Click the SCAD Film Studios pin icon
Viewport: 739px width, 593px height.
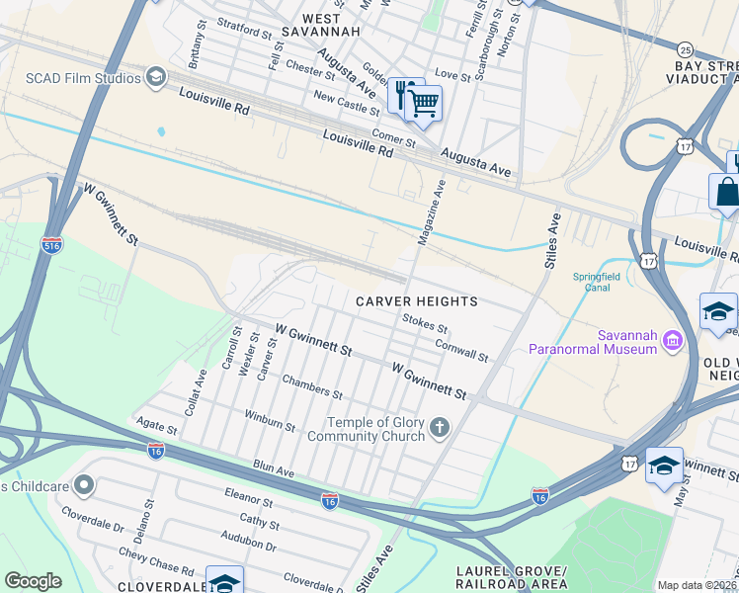coord(155,77)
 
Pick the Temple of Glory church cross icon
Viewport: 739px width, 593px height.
coord(440,429)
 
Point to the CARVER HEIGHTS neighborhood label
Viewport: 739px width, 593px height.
coord(417,301)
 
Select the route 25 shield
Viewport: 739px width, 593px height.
coord(685,49)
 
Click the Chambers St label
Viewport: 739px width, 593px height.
coord(312,387)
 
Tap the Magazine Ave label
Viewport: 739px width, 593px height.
coord(432,212)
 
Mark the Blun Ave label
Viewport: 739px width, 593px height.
coord(274,468)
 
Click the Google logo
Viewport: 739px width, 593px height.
coord(33,581)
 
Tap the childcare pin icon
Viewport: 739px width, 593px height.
coord(84,485)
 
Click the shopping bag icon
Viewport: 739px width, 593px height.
coord(727,191)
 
